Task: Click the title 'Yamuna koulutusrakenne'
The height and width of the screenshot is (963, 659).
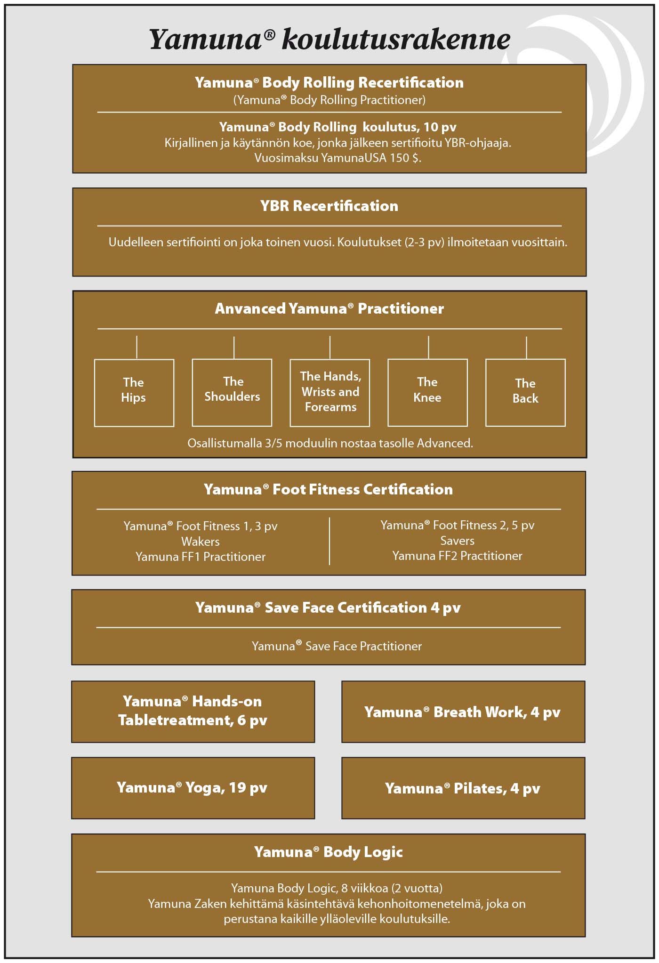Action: pos(329,39)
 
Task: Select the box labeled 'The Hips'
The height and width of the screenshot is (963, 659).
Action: pos(134,393)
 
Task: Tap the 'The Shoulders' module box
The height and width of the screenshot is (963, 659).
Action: pos(232,393)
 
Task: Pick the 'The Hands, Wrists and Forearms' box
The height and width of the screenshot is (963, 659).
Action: pos(330,393)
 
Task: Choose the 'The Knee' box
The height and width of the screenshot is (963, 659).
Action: pos(427,393)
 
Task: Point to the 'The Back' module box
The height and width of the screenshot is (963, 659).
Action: pos(525,393)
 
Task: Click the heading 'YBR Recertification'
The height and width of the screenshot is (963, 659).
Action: pos(329,206)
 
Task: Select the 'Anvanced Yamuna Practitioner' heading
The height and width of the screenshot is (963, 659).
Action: pos(329,308)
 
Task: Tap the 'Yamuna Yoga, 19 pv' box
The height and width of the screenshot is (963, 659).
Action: pos(193,788)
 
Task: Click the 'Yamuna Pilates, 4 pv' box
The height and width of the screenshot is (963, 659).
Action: pos(463,788)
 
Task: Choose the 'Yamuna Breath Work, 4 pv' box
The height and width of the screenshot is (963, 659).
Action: pos(463,712)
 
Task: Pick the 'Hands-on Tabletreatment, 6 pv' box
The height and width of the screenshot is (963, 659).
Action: pos(193,711)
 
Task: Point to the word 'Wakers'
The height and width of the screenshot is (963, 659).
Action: pos(201,542)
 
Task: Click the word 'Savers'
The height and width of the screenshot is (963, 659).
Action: pos(457,541)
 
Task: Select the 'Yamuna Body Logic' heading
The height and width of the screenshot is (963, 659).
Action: pos(329,852)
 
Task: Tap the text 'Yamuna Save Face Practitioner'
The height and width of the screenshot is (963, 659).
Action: pos(337,646)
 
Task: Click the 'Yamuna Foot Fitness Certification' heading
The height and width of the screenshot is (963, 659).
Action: pos(328,489)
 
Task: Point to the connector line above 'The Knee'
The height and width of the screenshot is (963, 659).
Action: pos(428,348)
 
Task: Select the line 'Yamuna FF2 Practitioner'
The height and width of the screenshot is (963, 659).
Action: pos(457,556)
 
